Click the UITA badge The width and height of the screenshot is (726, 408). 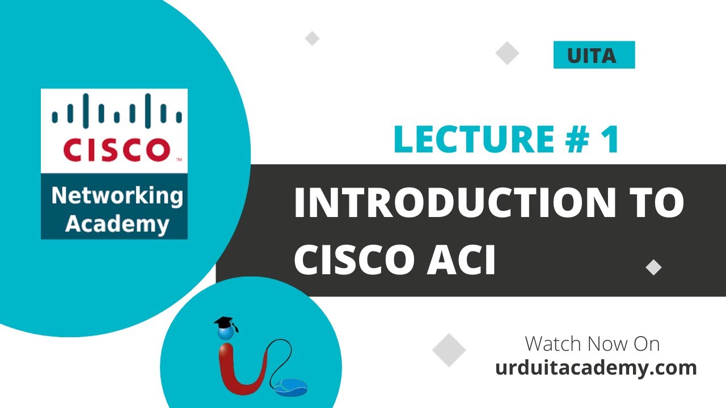(x=594, y=56)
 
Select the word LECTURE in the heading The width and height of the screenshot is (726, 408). (x=474, y=140)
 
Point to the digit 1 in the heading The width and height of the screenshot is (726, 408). (x=610, y=140)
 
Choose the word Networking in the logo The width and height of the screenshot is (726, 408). (x=117, y=196)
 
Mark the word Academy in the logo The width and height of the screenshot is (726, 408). (x=117, y=223)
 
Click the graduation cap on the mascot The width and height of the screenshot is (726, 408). (x=226, y=325)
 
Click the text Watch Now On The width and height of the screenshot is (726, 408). (x=592, y=344)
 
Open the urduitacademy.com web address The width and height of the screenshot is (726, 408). (x=596, y=368)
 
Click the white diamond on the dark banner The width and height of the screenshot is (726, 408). (x=654, y=267)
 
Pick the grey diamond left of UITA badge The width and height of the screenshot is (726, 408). (x=507, y=53)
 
